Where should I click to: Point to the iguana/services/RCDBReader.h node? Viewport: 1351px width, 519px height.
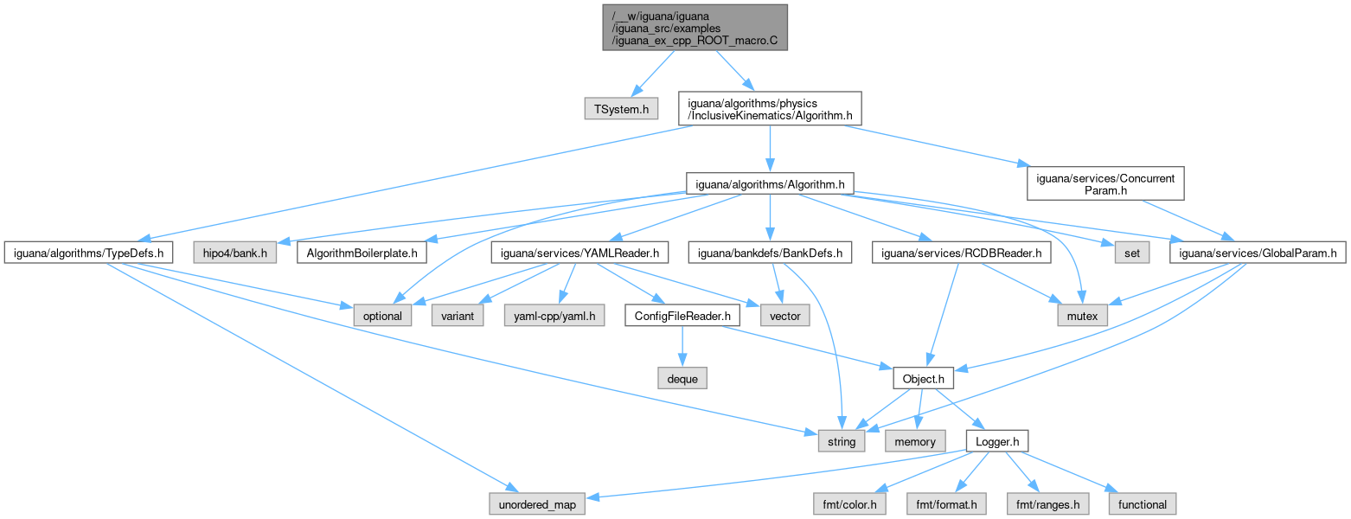click(962, 253)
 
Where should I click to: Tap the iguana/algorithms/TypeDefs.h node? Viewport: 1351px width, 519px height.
click(89, 253)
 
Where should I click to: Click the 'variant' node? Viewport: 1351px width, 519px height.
click(458, 316)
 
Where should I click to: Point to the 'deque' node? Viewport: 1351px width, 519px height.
click(682, 378)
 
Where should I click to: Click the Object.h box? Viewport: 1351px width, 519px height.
click(923, 378)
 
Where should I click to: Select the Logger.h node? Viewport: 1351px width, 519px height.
click(996, 441)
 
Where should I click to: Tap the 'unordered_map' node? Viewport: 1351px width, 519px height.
click(536, 504)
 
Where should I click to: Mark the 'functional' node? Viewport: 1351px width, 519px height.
click(1142, 504)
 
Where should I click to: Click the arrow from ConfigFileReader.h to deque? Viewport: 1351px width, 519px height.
click(682, 347)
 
